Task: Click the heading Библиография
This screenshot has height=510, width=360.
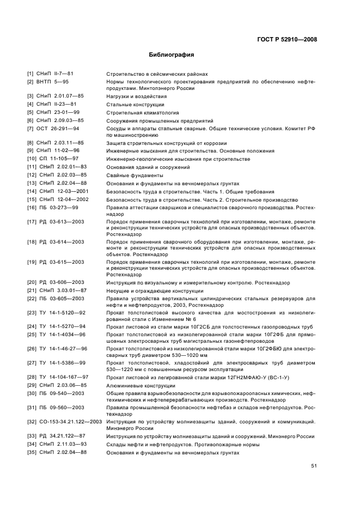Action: coord(172,55)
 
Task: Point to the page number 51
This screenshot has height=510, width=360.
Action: coord(314,465)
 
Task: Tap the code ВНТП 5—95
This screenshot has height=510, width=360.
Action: coord(53,81)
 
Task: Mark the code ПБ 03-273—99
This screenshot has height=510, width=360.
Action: coord(57,208)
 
